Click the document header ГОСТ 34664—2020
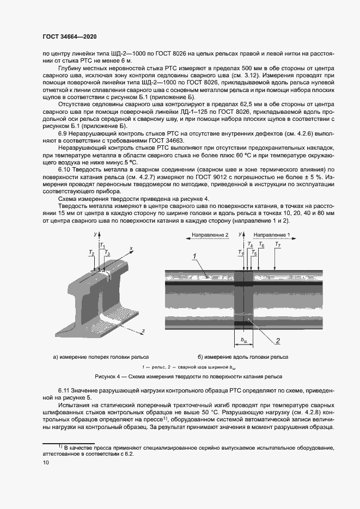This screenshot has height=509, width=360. click(64, 36)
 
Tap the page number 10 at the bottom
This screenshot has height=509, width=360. click(45, 463)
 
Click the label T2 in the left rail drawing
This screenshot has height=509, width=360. click(91, 253)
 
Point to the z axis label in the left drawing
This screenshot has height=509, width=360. click(143, 331)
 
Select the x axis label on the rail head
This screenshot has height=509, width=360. click(132, 248)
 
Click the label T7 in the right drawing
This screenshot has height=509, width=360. click(278, 246)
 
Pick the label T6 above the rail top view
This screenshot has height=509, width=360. click(261, 246)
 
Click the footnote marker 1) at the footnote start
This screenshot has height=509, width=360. click(46, 446)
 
